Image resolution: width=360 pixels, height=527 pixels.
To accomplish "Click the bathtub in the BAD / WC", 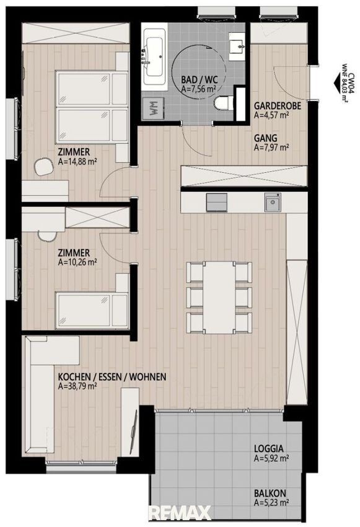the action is point(154,56).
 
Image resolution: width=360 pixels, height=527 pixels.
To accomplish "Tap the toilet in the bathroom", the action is point(224,103).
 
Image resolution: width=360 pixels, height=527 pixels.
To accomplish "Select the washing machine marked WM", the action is point(153,108).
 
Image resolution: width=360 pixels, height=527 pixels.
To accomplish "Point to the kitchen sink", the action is point(273,202).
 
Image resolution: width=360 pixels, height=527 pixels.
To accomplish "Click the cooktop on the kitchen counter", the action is point(217,202).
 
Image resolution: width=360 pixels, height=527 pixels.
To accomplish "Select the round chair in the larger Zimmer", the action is point(45,166).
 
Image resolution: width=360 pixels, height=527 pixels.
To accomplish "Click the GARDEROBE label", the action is point(278,106).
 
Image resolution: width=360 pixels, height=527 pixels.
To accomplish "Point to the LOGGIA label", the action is point(269,448).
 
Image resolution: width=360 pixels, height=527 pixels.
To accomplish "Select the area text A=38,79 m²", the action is point(77,386).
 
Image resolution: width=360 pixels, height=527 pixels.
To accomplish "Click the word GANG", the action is point(266,138).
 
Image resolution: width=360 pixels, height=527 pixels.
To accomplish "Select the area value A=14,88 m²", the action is point(77,161).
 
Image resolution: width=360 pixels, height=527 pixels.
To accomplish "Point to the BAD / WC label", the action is point(199,80).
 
